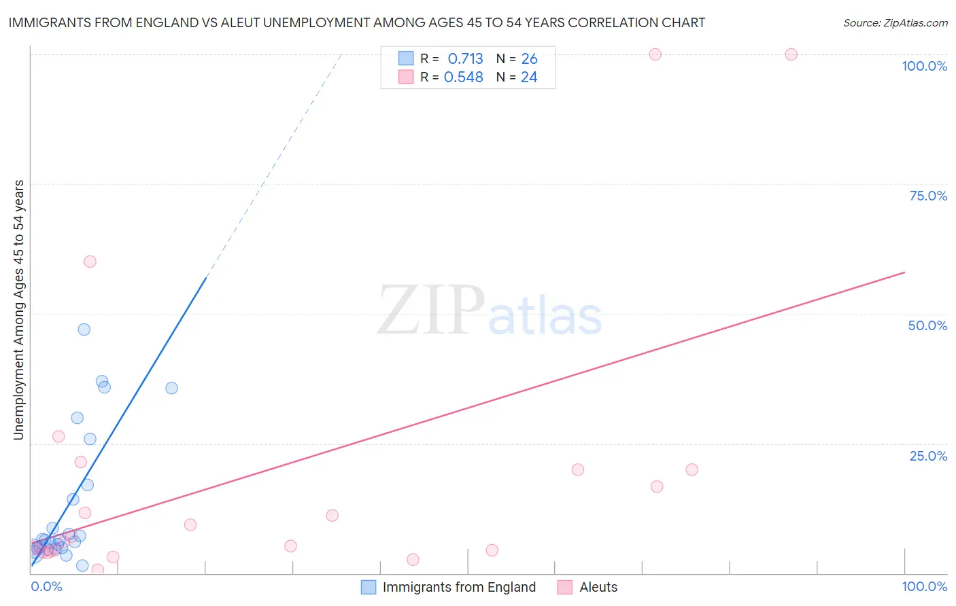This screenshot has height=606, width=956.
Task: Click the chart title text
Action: tap(356, 22)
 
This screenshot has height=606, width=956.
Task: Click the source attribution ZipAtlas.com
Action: tap(895, 22)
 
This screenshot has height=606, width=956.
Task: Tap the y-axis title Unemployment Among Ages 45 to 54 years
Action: tap(18, 310)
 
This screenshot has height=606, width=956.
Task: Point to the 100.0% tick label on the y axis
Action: tap(924, 66)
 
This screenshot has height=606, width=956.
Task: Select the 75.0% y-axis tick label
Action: tap(928, 196)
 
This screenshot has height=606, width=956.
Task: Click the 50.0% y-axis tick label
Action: tap(927, 325)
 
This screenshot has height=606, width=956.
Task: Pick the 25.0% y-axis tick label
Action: tap(928, 456)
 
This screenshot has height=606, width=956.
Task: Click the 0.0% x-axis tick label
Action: tap(46, 586)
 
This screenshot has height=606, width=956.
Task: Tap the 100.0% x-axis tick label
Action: tap(924, 586)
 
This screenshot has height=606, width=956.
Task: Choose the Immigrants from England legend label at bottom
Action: tap(459, 587)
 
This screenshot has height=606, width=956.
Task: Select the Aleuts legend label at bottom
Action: tap(598, 587)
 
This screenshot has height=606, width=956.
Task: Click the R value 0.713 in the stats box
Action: tap(465, 59)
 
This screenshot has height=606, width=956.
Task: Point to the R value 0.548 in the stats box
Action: tap(463, 77)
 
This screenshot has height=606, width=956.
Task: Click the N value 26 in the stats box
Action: tap(529, 59)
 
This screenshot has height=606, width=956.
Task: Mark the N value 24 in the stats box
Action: tap(529, 77)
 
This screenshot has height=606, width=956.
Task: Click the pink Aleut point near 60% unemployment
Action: tap(90, 262)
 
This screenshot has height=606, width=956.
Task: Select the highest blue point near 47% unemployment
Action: tap(84, 329)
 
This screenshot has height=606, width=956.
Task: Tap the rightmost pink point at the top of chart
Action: tap(791, 54)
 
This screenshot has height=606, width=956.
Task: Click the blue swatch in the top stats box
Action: tap(406, 58)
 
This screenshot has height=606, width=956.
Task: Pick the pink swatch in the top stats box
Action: tap(406, 77)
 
